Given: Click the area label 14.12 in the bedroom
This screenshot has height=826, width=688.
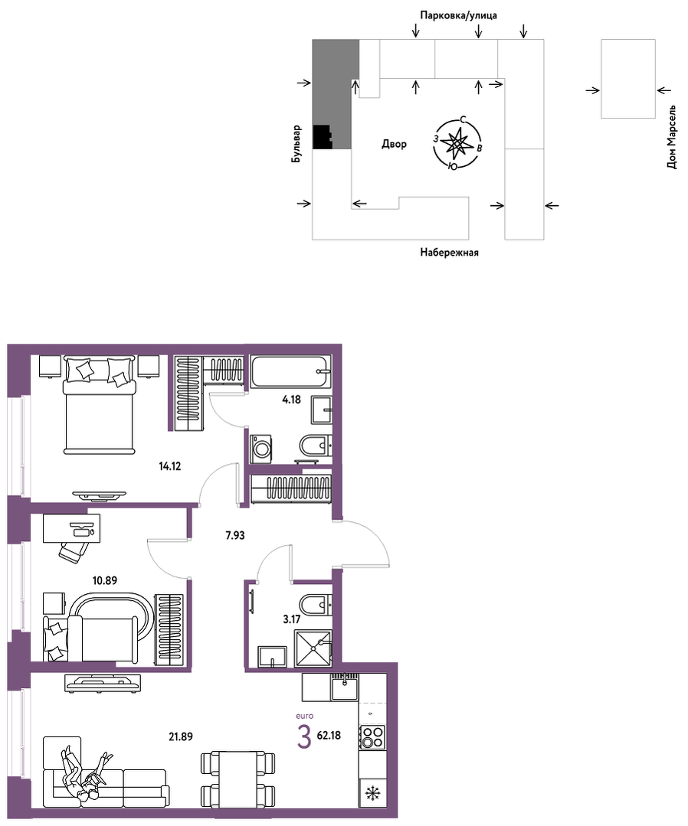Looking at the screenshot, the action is (170, 465).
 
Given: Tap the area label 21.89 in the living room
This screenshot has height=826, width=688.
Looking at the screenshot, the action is (180, 736).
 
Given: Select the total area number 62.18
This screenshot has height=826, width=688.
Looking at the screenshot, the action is (329, 735).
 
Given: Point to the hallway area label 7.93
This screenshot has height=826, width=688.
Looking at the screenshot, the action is (235, 536).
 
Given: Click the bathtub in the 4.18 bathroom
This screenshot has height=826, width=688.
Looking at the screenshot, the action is (290, 372).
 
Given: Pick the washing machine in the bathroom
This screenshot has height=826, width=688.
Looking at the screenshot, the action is (261, 449).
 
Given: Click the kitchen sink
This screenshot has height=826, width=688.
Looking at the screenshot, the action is (345, 687).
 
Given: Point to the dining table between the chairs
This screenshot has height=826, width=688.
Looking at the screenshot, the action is (238, 777).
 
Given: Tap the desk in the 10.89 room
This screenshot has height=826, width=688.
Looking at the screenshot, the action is (71, 528).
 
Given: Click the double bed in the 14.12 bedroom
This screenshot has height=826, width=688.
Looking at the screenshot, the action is (98, 404).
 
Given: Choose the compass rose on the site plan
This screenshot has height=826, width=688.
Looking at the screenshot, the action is (455, 143).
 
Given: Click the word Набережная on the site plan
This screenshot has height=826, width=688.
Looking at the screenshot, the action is (449, 253).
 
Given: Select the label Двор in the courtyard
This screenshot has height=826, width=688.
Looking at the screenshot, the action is (395, 144).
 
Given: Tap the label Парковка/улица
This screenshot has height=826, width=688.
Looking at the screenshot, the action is (458, 15).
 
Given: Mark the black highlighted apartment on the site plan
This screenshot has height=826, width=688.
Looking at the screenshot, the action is (322, 137).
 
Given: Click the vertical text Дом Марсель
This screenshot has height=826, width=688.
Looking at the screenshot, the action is (671, 136).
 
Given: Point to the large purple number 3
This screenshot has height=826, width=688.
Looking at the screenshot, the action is (303, 736).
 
